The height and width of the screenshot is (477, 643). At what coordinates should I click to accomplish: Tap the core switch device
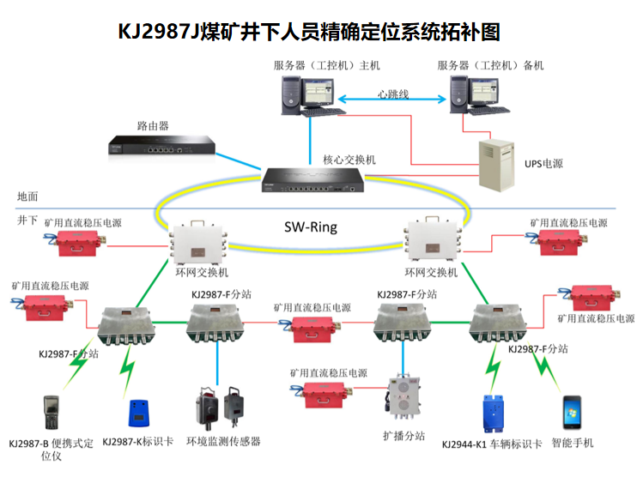pos(312,180)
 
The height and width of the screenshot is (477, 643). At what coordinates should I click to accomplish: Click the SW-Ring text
pos(311,228)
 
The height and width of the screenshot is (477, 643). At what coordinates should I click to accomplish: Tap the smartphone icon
pos(573,415)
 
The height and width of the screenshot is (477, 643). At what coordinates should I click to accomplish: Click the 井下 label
pos(27,220)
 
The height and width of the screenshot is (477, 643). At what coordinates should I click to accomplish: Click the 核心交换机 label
pos(349,160)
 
